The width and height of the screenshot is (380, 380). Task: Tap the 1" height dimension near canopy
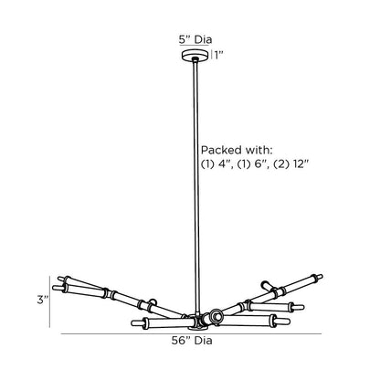tap(219, 55)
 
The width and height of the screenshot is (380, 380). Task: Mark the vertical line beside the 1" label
tap(211, 55)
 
